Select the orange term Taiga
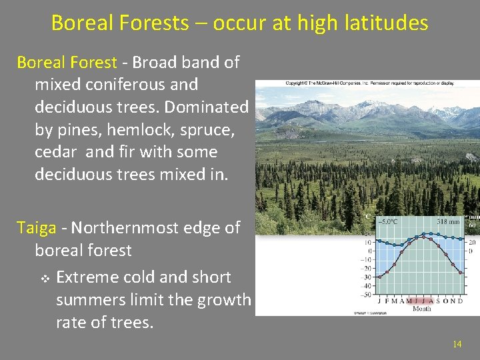click(37, 228)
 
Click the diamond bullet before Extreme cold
click(44, 277)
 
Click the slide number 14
click(457, 344)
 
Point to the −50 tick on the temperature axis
click(366, 294)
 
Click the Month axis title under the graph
click(422, 309)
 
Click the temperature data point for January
click(379, 277)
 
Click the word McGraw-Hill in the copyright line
click(331, 83)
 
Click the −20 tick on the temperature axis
click(366, 269)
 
